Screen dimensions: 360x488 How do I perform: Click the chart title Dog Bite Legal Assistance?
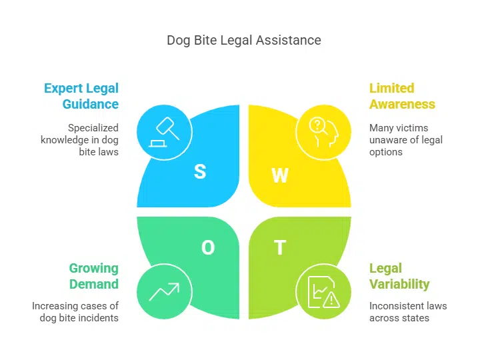pyautogui.click(x=243, y=41)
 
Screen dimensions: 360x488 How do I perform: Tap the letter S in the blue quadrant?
pyautogui.click(x=199, y=171)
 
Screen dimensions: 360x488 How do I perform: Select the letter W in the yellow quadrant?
pyautogui.click(x=279, y=175)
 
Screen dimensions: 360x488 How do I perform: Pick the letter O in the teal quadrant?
pyautogui.click(x=208, y=248)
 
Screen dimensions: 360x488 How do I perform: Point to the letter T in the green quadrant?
pyautogui.click(x=279, y=248)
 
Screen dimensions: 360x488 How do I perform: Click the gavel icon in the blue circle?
pyautogui.click(x=164, y=131)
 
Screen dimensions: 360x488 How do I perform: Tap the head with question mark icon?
pyautogui.click(x=323, y=131)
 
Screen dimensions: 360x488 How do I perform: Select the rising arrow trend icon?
pyautogui.click(x=164, y=291)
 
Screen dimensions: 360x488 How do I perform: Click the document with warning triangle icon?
pyautogui.click(x=323, y=291)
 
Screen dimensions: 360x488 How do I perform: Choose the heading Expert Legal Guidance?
pyautogui.click(x=81, y=96)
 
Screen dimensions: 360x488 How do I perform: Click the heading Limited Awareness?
pyautogui.click(x=402, y=96)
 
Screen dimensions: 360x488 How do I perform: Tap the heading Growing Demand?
pyautogui.click(x=93, y=276)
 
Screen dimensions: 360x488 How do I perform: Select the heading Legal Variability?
pyautogui.click(x=399, y=276)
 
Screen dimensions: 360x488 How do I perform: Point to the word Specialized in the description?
pyautogui.click(x=93, y=127)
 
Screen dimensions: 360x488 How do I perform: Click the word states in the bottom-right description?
pyautogui.click(x=415, y=318)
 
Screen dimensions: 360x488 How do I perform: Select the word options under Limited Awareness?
pyautogui.click(x=386, y=151)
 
